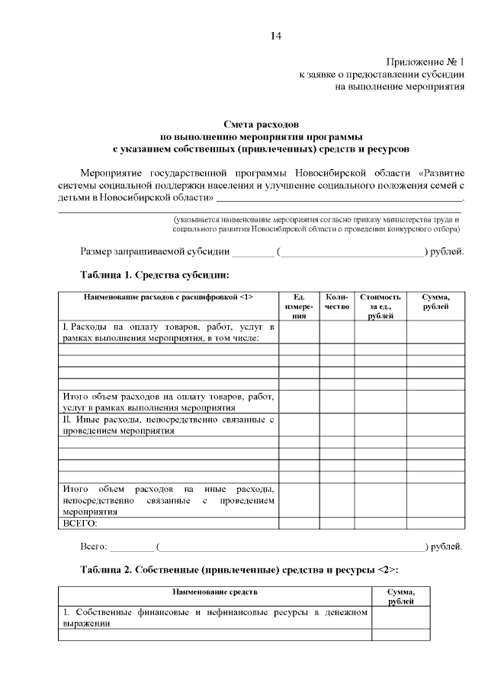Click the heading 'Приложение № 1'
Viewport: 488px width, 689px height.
coord(424,62)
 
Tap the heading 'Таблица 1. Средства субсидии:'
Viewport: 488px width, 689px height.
coord(155,274)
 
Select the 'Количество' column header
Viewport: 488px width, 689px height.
coord(337,301)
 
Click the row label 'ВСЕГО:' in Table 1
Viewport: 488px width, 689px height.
coord(80,523)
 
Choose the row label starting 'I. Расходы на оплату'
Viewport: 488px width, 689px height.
coord(169,332)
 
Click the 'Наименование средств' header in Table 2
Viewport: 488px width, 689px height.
coord(215,592)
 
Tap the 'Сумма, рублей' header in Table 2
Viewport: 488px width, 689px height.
coord(400,596)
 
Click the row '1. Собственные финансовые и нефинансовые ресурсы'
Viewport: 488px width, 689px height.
coord(215,617)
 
